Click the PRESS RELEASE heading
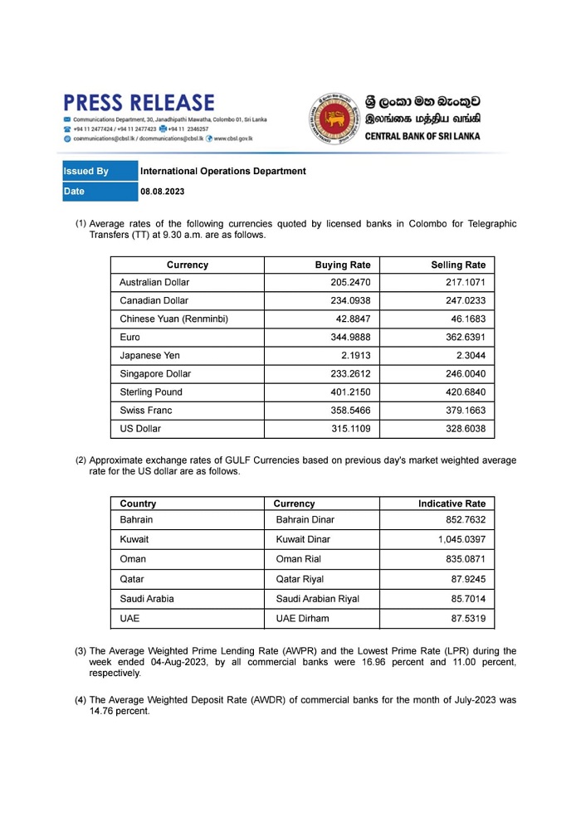[139, 103]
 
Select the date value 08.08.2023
[163, 192]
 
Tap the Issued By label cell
[86, 172]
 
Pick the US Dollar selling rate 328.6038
[465, 429]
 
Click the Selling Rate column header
[458, 265]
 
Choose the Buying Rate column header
[343, 265]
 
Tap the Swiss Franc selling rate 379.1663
[465, 411]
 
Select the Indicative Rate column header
[452, 503]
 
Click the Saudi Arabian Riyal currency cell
[317, 598]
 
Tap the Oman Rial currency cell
[299, 559]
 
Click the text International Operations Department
[223, 172]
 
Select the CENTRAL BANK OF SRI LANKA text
[422, 136]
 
